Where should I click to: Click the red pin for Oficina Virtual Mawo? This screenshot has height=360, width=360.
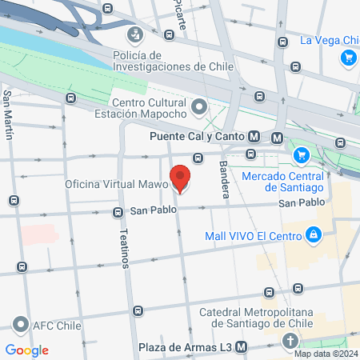(180, 178)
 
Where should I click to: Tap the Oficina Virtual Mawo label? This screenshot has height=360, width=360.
(117, 184)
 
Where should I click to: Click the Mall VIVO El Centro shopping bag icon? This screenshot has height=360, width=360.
(314, 235)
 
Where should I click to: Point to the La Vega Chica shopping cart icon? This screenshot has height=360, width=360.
(348, 57)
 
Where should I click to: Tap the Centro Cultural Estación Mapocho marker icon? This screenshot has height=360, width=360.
(199, 106)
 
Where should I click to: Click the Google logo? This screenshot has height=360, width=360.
(27, 350)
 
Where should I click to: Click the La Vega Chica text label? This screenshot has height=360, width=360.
(328, 40)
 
